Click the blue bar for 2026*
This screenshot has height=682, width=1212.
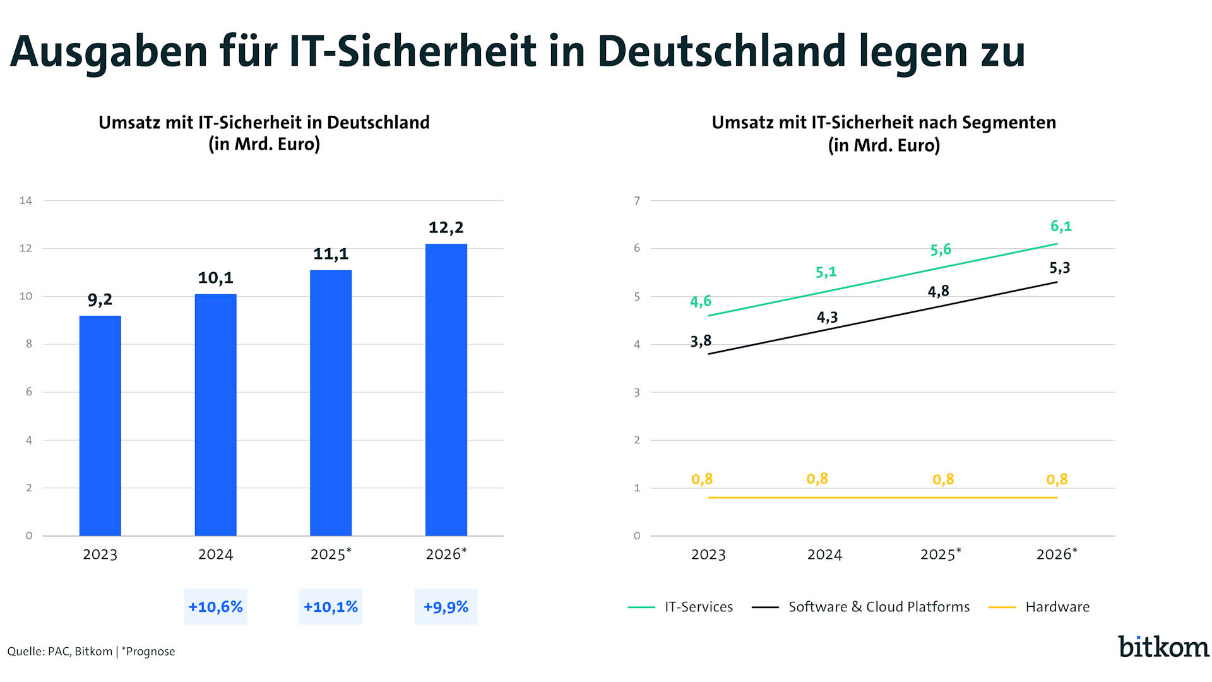pyautogui.click(x=446, y=390)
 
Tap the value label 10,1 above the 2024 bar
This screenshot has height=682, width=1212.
pyautogui.click(x=215, y=278)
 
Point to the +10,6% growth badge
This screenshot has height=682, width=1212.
pyautogui.click(x=215, y=607)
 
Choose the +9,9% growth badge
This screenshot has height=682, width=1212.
pyautogui.click(x=446, y=607)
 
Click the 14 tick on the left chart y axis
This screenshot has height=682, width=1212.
pyautogui.click(x=26, y=201)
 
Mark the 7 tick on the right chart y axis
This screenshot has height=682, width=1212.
pyautogui.click(x=637, y=201)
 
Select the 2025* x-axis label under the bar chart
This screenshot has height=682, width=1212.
pyautogui.click(x=331, y=554)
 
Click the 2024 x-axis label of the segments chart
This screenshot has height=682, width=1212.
pyautogui.click(x=824, y=555)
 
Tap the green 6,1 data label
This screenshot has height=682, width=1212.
pyautogui.click(x=1060, y=226)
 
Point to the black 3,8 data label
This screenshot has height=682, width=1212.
pyautogui.click(x=701, y=342)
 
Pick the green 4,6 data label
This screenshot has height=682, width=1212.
pyautogui.click(x=701, y=302)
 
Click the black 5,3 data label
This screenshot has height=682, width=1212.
pyautogui.click(x=1060, y=268)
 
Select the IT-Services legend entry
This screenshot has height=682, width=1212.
pyautogui.click(x=698, y=607)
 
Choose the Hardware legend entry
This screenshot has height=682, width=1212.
pyautogui.click(x=1057, y=607)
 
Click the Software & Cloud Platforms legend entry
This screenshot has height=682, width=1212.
pyautogui.click(x=879, y=607)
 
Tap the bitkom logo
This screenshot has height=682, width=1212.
pyautogui.click(x=1163, y=647)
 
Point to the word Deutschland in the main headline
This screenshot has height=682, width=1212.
pyautogui.click(x=721, y=51)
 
